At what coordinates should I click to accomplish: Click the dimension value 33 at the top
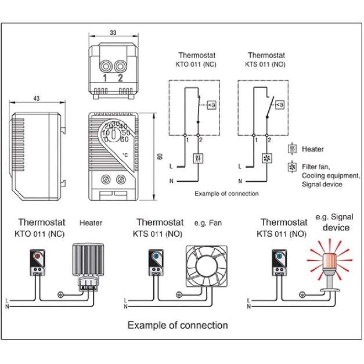pyautogui.click(x=113, y=34)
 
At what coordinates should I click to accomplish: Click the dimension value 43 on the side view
pyautogui.click(x=36, y=100)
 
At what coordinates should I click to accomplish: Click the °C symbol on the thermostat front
pyautogui.click(x=125, y=155)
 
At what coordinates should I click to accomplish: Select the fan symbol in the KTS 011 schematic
pyautogui.click(x=267, y=157)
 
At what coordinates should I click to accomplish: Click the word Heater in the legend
pyautogui.click(x=313, y=149)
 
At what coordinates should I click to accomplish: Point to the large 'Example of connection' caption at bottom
pyautogui.click(x=178, y=325)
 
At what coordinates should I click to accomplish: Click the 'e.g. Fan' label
pyautogui.click(x=208, y=223)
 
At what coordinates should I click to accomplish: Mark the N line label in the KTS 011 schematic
pyautogui.click(x=240, y=181)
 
